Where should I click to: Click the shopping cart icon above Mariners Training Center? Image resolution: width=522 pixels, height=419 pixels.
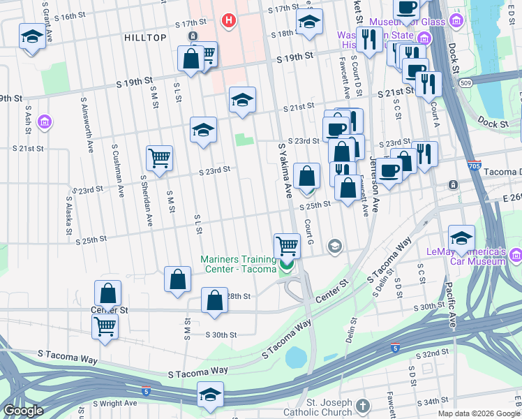[287, 245]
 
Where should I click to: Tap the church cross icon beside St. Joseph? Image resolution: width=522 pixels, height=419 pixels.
[361, 405]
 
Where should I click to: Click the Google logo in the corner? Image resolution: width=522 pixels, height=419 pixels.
[22, 411]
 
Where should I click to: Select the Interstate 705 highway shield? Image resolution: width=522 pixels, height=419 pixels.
[474, 166]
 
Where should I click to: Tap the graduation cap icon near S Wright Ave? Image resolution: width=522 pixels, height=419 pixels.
[210, 394]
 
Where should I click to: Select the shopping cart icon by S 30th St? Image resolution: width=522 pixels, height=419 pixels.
[105, 325]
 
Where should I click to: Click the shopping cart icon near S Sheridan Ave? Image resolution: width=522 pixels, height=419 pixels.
[159, 158]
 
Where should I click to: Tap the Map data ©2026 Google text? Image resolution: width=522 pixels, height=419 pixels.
[477, 413]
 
